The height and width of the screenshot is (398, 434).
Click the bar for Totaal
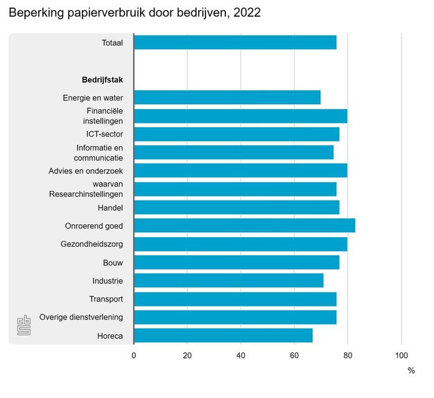(235, 43)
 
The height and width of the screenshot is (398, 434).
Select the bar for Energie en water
(227, 97)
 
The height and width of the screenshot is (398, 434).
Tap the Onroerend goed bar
(244, 225)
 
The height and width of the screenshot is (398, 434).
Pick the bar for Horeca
(223, 336)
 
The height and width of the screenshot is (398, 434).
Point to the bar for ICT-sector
(236, 134)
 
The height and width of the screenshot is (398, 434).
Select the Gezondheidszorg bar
(240, 244)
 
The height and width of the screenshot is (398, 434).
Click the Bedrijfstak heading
(102, 79)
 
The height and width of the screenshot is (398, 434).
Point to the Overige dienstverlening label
(81, 317)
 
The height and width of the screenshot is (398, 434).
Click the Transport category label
(106, 299)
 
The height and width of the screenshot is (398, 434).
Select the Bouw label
(113, 262)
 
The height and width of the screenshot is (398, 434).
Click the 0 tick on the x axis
(134, 355)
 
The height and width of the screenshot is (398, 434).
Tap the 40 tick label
(241, 355)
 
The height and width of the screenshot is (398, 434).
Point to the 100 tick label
(401, 355)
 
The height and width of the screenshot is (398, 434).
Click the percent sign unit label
(411, 371)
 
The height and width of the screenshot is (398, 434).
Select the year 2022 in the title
(248, 13)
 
